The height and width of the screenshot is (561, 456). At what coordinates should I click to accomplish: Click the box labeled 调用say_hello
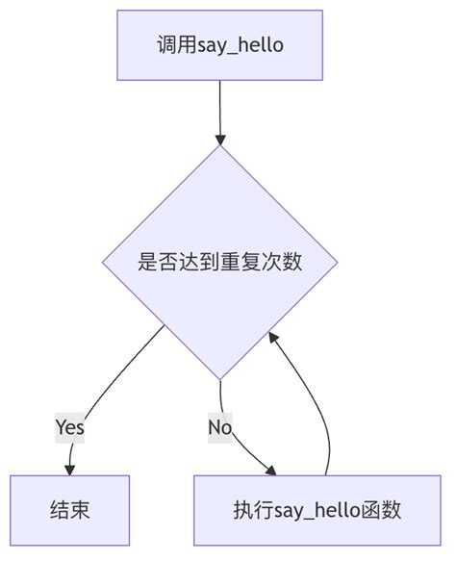click(x=220, y=45)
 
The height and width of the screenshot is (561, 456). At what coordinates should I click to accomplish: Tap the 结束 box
click(x=69, y=510)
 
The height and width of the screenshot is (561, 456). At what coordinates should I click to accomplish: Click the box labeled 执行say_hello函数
click(x=317, y=510)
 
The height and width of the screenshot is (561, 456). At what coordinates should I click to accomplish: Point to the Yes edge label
click(x=69, y=426)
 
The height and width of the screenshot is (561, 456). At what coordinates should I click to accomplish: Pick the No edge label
click(x=220, y=426)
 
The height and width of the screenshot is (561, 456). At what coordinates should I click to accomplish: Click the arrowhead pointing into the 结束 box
click(x=69, y=469)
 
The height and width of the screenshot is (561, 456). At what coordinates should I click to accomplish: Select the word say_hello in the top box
click(x=241, y=45)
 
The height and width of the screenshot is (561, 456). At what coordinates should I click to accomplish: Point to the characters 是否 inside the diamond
click(x=158, y=262)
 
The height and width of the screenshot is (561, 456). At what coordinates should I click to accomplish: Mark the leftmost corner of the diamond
click(x=104, y=262)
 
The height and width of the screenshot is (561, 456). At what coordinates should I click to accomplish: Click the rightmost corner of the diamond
click(x=337, y=262)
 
